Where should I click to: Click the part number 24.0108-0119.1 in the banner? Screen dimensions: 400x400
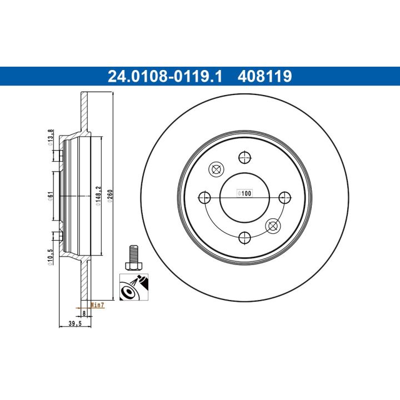click(165, 76)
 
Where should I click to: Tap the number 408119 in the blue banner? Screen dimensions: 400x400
click(264, 76)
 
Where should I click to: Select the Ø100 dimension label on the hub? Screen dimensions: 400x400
click(244, 193)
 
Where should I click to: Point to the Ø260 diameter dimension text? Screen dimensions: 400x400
click(110, 196)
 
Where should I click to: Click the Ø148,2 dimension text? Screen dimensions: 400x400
click(98, 196)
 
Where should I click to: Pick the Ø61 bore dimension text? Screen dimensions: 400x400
click(51, 196)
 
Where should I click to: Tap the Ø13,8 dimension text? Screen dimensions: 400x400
click(51, 138)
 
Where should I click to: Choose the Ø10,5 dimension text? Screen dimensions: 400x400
click(51, 257)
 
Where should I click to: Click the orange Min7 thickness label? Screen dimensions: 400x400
click(98, 304)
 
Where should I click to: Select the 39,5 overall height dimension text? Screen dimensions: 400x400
click(75, 323)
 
